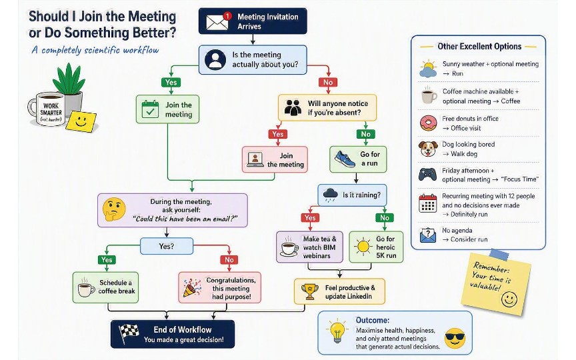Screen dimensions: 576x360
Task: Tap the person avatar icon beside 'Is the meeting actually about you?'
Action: (x=215, y=59)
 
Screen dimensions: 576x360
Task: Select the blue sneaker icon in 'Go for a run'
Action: (x=345, y=159)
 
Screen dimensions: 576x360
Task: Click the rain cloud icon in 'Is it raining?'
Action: (x=330, y=195)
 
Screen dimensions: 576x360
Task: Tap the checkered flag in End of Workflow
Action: (x=129, y=333)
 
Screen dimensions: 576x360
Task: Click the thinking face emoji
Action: (x=114, y=209)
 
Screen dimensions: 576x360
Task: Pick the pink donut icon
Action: (x=428, y=123)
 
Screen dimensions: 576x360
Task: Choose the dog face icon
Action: (x=428, y=149)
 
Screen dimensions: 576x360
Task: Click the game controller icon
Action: (x=427, y=174)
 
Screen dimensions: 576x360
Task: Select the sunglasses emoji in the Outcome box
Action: (x=455, y=338)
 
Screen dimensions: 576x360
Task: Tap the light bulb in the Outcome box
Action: (x=337, y=331)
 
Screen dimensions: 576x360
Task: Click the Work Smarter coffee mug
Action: (x=47, y=109)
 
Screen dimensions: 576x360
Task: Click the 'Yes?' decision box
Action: (x=167, y=246)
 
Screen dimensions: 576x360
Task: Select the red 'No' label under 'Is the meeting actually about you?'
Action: (x=328, y=82)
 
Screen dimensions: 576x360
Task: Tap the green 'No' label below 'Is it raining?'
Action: (x=385, y=218)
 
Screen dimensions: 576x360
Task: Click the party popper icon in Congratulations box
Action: (x=192, y=287)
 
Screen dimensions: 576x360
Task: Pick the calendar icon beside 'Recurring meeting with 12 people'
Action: (x=428, y=203)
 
